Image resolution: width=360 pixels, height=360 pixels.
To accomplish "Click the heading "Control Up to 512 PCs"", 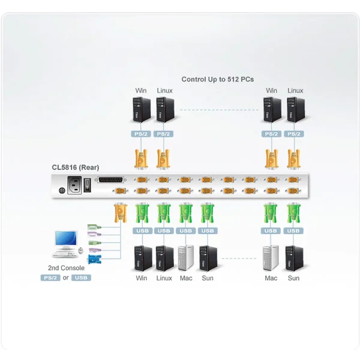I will [x=218, y=79].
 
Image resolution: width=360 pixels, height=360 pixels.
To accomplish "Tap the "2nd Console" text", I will [x=65, y=268].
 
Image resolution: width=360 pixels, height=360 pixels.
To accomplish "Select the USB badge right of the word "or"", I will [x=82, y=277].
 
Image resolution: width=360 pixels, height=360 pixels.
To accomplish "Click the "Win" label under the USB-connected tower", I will [x=141, y=278].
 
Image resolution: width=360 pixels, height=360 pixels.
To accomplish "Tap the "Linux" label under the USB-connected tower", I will [x=164, y=278].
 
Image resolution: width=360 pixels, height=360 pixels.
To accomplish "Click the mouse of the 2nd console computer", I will [x=80, y=250].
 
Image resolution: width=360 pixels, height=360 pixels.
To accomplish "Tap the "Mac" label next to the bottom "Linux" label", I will [x=185, y=278].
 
